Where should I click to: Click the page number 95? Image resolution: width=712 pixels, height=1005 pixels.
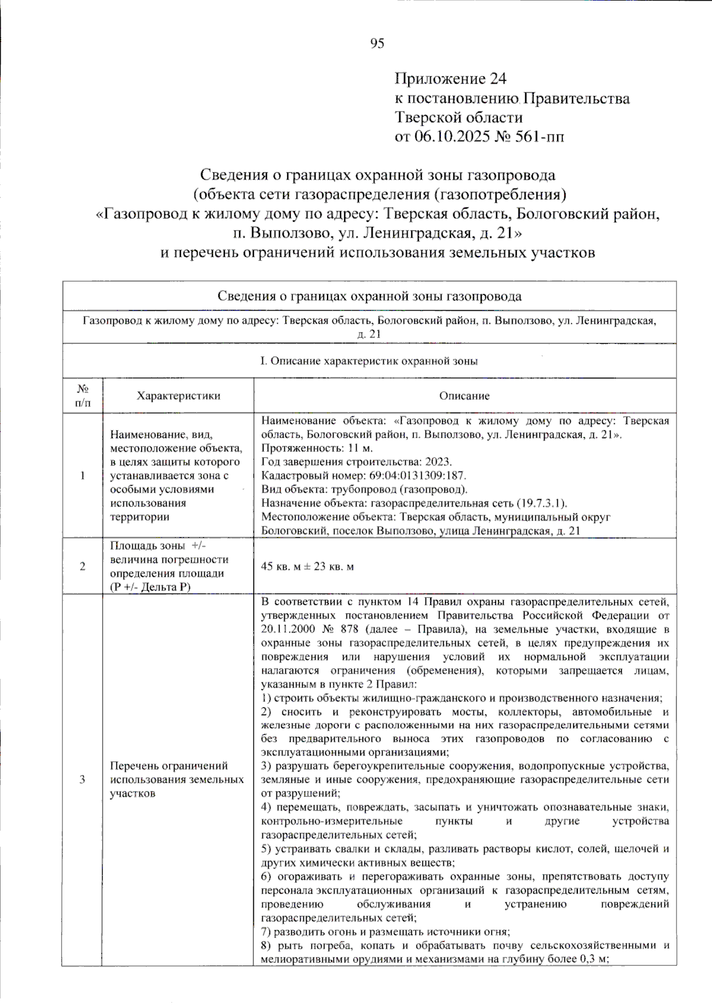(377, 43)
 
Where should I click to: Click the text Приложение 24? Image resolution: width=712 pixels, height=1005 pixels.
(450, 79)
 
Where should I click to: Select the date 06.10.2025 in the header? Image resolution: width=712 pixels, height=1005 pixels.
(452, 136)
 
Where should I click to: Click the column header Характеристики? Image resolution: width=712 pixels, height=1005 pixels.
(178, 395)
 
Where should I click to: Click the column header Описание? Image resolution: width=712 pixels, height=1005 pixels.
(464, 395)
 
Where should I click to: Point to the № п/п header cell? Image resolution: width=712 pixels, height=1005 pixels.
(82, 395)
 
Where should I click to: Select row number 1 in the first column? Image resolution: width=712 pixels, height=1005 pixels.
(82, 476)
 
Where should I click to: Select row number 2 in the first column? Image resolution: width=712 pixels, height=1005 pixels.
(82, 566)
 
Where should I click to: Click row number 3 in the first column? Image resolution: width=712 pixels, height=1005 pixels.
(82, 779)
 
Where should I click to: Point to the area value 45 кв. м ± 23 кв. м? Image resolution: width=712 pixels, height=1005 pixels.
(307, 566)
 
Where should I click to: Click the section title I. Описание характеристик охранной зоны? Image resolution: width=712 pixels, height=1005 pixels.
(368, 361)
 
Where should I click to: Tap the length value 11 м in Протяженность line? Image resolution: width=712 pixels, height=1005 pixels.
(360, 448)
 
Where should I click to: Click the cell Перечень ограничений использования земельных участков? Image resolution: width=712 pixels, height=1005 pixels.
(177, 779)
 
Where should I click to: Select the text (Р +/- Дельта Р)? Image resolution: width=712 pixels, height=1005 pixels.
(150, 587)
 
